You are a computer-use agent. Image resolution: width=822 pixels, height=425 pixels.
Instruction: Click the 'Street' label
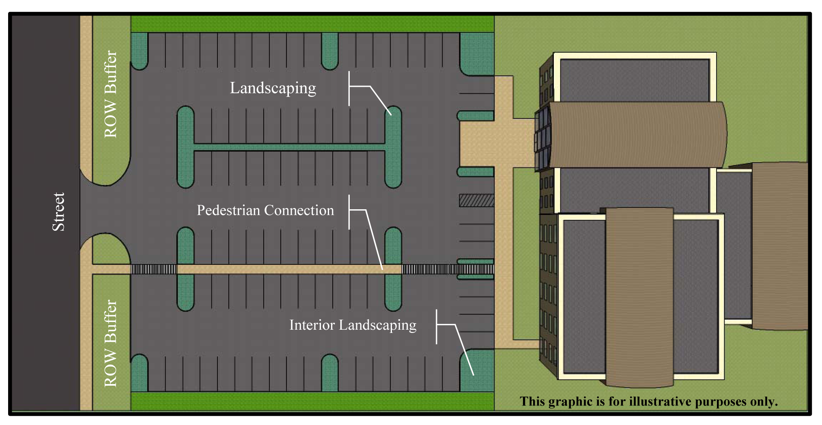pos(58,212)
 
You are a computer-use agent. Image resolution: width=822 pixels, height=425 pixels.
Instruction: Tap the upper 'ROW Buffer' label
pos(110,94)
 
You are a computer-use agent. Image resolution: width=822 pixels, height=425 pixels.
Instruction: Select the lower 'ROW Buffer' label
pos(110,343)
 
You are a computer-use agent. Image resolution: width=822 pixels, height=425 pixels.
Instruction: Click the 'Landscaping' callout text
pos(273,88)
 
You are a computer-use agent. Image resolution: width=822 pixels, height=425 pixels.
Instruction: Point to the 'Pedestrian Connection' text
pos(265,210)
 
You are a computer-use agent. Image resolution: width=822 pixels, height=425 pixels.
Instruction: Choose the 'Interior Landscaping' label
pos(353,325)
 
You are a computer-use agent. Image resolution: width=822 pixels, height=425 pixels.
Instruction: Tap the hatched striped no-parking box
pos(476,200)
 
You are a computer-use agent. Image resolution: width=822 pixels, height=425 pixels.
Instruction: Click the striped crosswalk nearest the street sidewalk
pos(153,269)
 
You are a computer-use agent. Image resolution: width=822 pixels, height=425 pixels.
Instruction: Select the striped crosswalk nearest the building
pos(448,269)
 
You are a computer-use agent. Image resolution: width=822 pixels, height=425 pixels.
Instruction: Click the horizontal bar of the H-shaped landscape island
pos(289,147)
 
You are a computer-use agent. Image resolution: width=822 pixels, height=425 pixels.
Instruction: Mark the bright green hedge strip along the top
pos(312,24)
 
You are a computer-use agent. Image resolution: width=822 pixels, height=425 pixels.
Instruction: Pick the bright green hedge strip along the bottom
pos(312,401)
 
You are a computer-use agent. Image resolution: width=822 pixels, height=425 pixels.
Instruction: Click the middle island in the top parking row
pos(329,50)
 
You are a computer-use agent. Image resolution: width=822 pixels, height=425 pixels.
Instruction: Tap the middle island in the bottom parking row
pos(329,373)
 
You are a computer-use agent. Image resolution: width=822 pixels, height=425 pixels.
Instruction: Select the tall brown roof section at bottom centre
pos(639,296)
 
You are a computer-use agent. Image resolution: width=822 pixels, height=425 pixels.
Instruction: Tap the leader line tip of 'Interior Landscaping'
pos(473,374)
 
